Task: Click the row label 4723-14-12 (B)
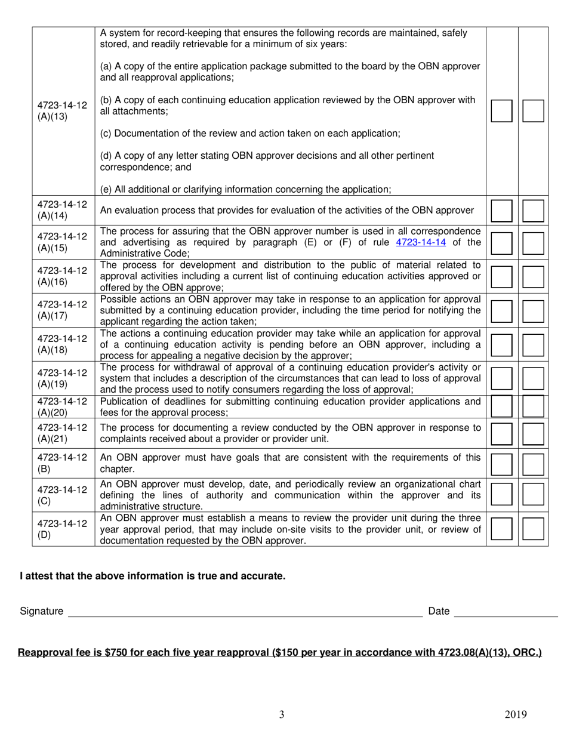pos(62,463)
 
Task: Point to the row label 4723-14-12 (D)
pos(62,528)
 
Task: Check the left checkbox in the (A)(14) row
pos(501,211)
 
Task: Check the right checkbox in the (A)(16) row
pos(533,276)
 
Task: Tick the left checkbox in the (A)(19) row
pos(501,378)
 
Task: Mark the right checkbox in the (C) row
pos(533,495)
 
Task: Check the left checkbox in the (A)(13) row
pos(501,111)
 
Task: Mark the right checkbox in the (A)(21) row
pos(533,433)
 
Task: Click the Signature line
pos(245,611)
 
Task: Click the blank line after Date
pos(506,611)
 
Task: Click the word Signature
pos(41,611)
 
